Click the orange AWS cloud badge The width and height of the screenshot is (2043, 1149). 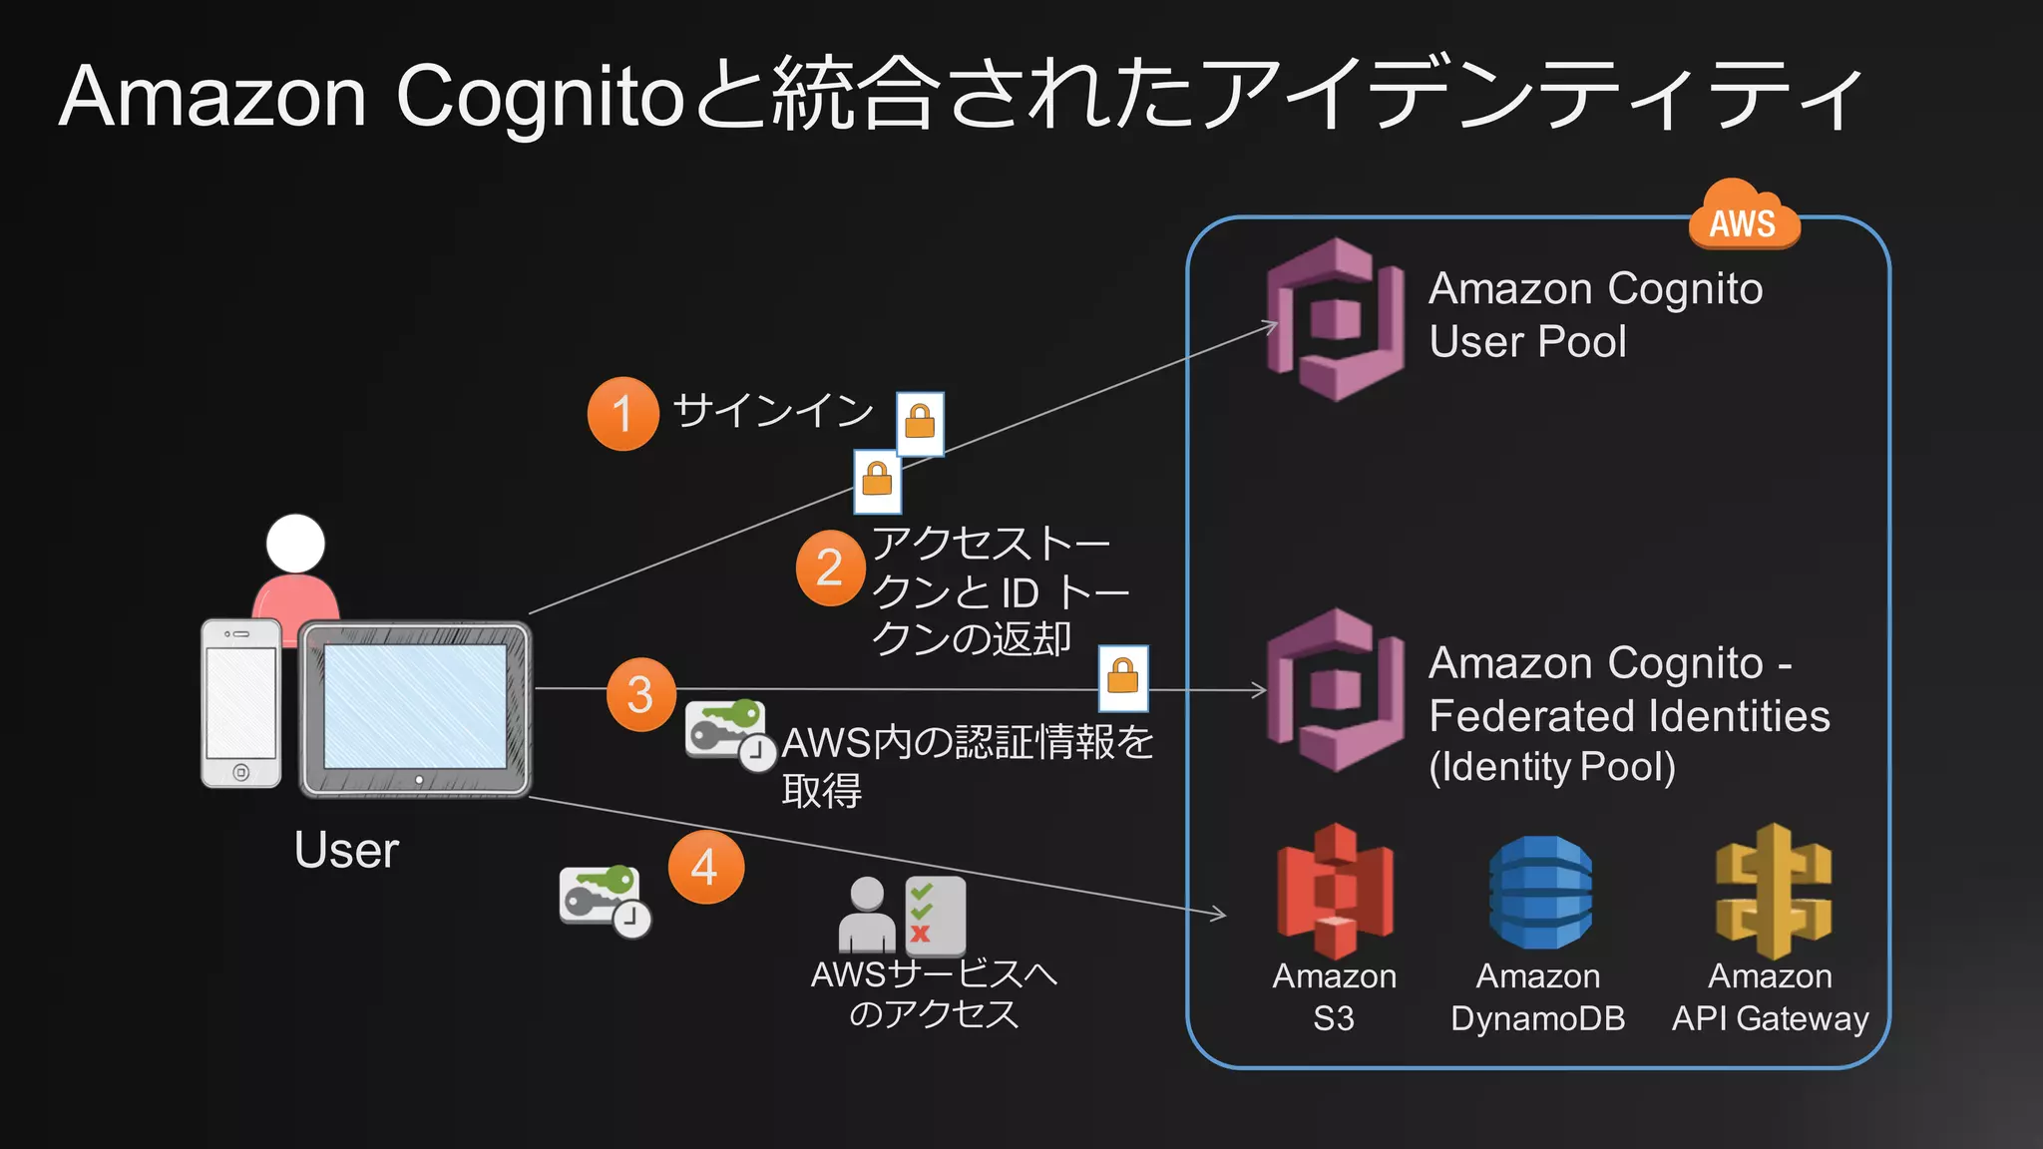pyautogui.click(x=1744, y=218)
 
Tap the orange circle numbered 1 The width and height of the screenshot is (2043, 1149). pyautogui.click(x=622, y=414)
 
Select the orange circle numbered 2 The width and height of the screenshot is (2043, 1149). pyautogui.click(x=830, y=569)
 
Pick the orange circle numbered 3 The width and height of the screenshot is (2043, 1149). pyautogui.click(x=640, y=694)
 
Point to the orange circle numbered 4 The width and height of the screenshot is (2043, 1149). pyautogui.click(x=705, y=867)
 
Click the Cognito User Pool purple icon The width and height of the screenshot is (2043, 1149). pyautogui.click(x=1335, y=320)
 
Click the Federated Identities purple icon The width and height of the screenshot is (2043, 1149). pyautogui.click(x=1335, y=690)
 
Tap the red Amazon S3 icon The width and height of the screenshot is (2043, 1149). pyautogui.click(x=1335, y=891)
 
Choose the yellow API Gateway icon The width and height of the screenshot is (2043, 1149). pyautogui.click(x=1772, y=891)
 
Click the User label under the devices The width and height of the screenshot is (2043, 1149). pyautogui.click(x=346, y=851)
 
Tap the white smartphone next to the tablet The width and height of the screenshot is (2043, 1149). pyautogui.click(x=240, y=703)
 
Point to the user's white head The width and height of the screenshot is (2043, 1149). pyautogui.click(x=295, y=544)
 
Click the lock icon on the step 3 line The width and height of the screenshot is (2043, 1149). pyautogui.click(x=1123, y=677)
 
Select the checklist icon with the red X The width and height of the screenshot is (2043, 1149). pyautogui.click(x=935, y=916)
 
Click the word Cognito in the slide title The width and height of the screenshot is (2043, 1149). pyautogui.click(x=540, y=98)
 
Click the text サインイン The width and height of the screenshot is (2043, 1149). pyautogui.click(x=773, y=410)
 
